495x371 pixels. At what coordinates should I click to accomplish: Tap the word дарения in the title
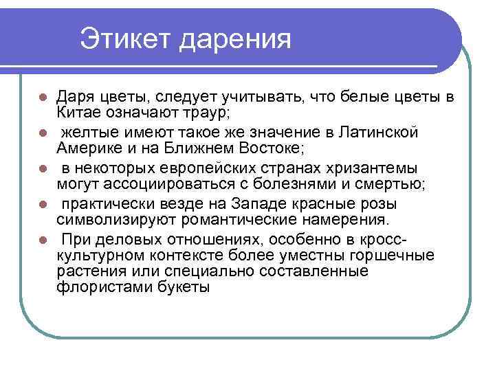[236, 40]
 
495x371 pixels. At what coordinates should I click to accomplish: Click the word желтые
[89, 131]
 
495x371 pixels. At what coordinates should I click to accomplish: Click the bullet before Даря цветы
[43, 95]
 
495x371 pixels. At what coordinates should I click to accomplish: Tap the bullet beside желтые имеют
[43, 131]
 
